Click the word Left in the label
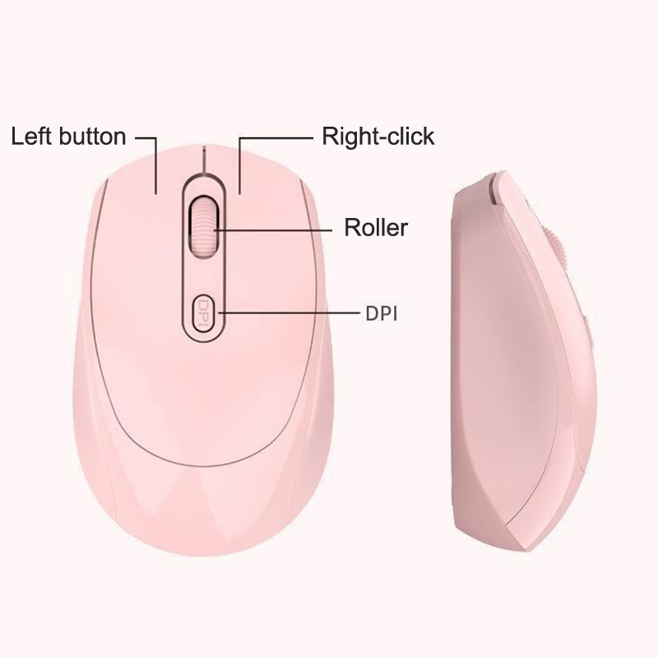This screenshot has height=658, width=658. pyautogui.click(x=31, y=137)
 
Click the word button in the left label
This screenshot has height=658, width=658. pyautogui.click(x=92, y=137)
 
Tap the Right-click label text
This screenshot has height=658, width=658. pyautogui.click(x=378, y=137)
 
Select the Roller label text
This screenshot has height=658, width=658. pyautogui.click(x=376, y=228)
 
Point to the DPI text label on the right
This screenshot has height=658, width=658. pyautogui.click(x=381, y=314)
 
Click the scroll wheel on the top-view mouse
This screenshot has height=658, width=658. pyautogui.click(x=203, y=227)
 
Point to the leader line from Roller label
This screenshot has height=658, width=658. pyautogui.click(x=273, y=230)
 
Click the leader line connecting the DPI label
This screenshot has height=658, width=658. pyautogui.click(x=290, y=313)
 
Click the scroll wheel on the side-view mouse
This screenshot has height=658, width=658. pyautogui.click(x=555, y=248)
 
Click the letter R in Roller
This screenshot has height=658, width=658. pyautogui.click(x=352, y=228)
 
